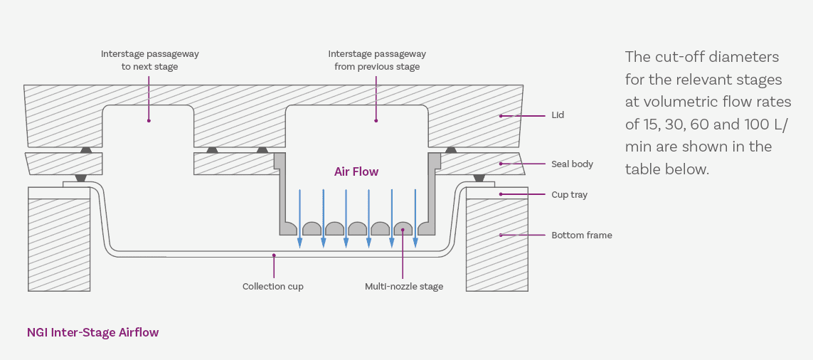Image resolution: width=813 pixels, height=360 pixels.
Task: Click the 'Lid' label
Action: (558, 115)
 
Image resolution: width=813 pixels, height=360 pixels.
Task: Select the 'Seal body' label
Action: (572, 164)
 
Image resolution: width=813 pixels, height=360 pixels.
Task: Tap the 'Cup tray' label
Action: (569, 195)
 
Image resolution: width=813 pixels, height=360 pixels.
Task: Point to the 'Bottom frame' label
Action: (581, 235)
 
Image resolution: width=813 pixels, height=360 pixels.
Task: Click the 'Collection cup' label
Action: (272, 287)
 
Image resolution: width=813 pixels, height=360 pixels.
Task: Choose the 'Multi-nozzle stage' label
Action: (403, 287)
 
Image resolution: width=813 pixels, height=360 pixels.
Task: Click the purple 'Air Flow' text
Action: (356, 171)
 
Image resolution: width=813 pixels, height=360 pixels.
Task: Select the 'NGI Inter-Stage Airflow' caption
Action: (92, 332)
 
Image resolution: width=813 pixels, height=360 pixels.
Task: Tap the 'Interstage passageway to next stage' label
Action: (149, 60)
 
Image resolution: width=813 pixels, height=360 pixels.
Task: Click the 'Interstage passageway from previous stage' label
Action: (377, 60)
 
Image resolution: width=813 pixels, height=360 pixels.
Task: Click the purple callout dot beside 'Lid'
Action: (501, 115)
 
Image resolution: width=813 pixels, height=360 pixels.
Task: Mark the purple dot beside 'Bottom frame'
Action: (501, 235)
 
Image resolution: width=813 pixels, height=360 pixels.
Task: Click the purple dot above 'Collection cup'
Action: (274, 255)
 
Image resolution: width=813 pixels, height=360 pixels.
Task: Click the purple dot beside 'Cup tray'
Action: (501, 194)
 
